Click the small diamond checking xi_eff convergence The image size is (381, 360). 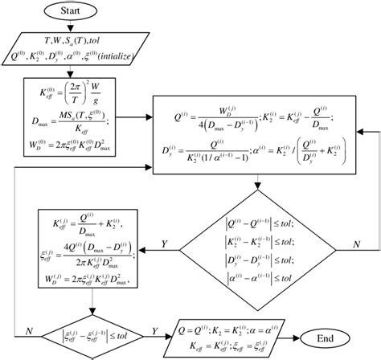tap(96, 330)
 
